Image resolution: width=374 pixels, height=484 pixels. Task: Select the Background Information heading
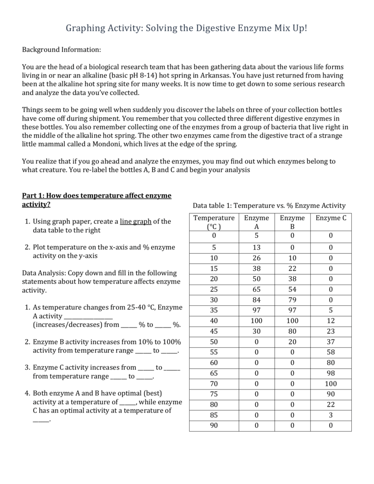click(x=62, y=50)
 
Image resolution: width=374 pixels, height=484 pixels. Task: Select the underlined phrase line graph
click(x=136, y=221)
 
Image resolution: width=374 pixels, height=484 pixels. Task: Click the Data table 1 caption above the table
click(x=269, y=206)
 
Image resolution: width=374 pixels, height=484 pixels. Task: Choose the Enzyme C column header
click(x=331, y=218)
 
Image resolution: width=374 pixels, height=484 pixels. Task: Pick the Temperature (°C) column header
click(x=214, y=222)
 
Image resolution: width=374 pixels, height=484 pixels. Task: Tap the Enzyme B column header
click(x=292, y=222)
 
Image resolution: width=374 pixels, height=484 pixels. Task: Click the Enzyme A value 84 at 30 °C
click(x=256, y=300)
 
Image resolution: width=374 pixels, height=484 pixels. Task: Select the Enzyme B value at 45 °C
click(x=292, y=330)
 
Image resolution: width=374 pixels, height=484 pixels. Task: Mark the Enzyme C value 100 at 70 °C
click(x=331, y=383)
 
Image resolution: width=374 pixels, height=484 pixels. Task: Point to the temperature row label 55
click(x=214, y=352)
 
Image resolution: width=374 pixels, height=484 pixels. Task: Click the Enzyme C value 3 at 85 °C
click(x=331, y=415)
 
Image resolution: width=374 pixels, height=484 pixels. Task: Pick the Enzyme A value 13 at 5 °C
click(x=256, y=247)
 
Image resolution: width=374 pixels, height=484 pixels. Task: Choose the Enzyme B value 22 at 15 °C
click(x=292, y=268)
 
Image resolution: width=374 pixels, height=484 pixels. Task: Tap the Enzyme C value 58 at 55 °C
click(x=331, y=352)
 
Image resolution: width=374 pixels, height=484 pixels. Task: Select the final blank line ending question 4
click(x=41, y=420)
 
